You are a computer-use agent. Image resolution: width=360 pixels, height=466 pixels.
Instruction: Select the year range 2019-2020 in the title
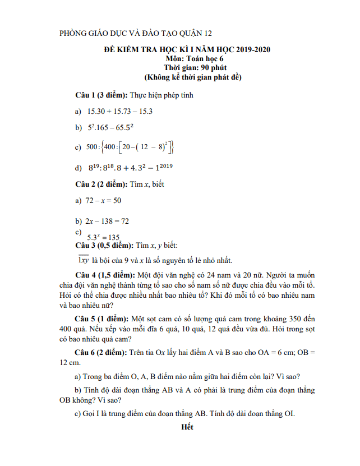point(252,49)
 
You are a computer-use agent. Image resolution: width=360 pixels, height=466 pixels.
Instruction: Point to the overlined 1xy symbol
point(84,260)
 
